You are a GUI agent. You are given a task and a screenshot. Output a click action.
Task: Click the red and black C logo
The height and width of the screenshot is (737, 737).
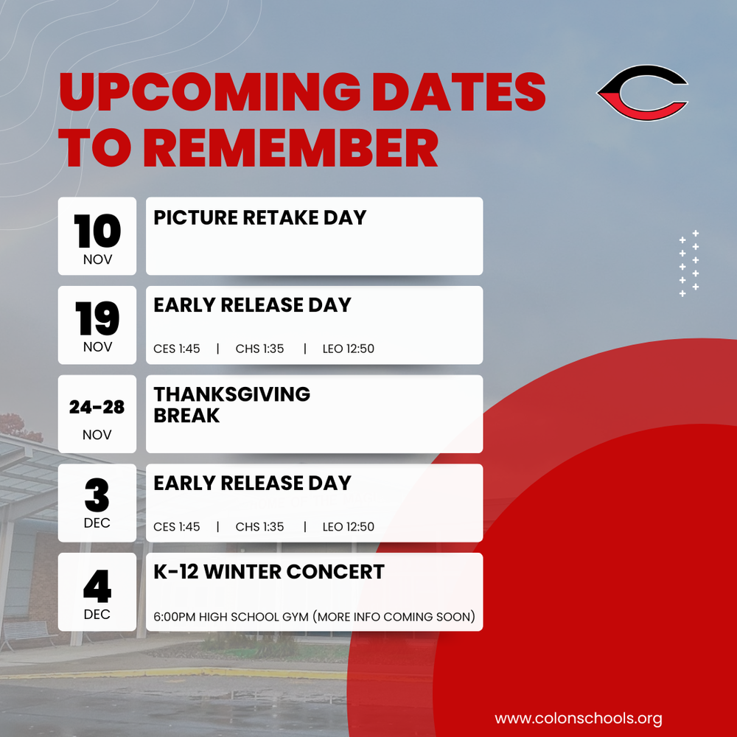(x=642, y=93)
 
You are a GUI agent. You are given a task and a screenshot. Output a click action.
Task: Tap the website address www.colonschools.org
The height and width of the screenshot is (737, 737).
(x=578, y=718)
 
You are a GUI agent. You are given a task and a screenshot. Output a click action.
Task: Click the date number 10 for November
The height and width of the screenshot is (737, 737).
(x=97, y=230)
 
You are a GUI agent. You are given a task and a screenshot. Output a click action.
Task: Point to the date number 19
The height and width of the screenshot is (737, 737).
(x=97, y=318)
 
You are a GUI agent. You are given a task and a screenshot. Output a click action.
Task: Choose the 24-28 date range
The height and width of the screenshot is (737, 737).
(x=97, y=408)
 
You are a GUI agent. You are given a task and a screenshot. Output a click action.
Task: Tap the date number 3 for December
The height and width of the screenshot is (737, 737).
(x=97, y=497)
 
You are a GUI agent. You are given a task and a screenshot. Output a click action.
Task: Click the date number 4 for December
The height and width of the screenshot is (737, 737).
(x=97, y=586)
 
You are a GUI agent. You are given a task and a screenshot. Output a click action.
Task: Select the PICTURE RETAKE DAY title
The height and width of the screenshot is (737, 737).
(x=259, y=217)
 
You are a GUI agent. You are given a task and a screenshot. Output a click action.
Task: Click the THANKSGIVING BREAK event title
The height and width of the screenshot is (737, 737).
(x=231, y=405)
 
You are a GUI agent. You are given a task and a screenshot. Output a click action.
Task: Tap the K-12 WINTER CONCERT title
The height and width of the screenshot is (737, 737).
(x=269, y=572)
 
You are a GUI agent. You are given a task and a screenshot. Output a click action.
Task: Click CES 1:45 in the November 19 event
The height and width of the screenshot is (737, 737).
(x=177, y=349)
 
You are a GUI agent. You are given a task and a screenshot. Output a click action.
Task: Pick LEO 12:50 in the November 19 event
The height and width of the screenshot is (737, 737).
(x=348, y=349)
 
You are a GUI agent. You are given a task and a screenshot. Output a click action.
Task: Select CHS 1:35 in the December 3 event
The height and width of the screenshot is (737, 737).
(x=259, y=527)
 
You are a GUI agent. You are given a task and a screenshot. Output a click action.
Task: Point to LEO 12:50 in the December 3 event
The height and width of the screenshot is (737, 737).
(x=348, y=527)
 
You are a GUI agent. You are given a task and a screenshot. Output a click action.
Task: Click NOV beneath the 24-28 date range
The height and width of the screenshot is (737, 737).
(x=97, y=435)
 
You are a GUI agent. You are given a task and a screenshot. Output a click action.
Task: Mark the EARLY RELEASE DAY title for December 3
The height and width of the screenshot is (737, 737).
(x=252, y=483)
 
